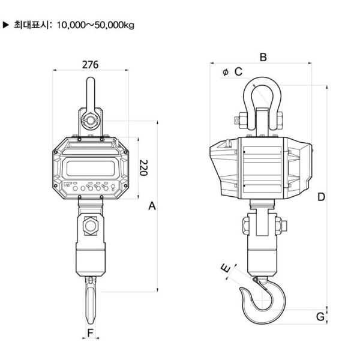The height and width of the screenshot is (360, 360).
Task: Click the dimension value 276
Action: (x=90, y=64)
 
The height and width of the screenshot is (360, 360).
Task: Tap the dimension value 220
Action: (x=143, y=168)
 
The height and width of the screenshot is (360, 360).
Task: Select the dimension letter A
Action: (x=152, y=206)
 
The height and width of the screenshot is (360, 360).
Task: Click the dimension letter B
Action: (x=262, y=57)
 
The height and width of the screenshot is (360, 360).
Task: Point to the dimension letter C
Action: (x=238, y=72)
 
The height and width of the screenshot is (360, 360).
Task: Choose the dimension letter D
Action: (x=321, y=197)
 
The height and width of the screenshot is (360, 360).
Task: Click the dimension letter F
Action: (x=90, y=332)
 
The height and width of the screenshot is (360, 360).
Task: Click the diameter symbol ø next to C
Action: (x=225, y=72)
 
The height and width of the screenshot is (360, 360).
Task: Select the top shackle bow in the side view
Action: (x=262, y=90)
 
